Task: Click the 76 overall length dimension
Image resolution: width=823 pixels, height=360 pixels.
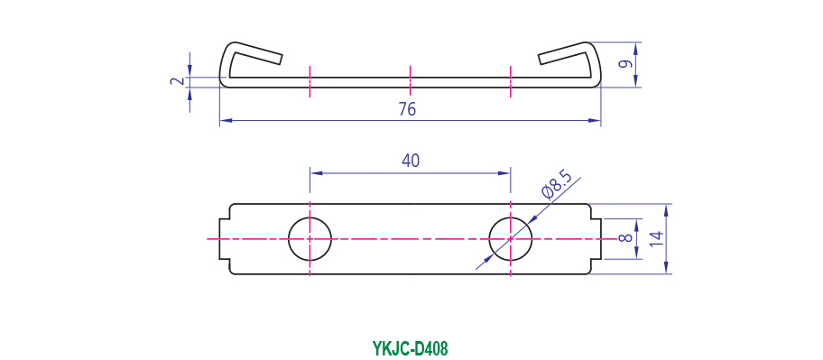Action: tap(407, 109)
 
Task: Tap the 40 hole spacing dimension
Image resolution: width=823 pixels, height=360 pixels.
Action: tap(411, 161)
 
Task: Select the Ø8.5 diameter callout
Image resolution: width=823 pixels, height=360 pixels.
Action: tap(556, 186)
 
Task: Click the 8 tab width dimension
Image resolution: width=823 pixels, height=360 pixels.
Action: tap(624, 239)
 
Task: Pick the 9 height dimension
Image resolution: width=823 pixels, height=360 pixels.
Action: tap(624, 65)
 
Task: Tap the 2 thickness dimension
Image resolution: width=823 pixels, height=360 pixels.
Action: tap(178, 81)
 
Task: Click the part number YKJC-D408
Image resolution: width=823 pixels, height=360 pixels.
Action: tap(411, 348)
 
